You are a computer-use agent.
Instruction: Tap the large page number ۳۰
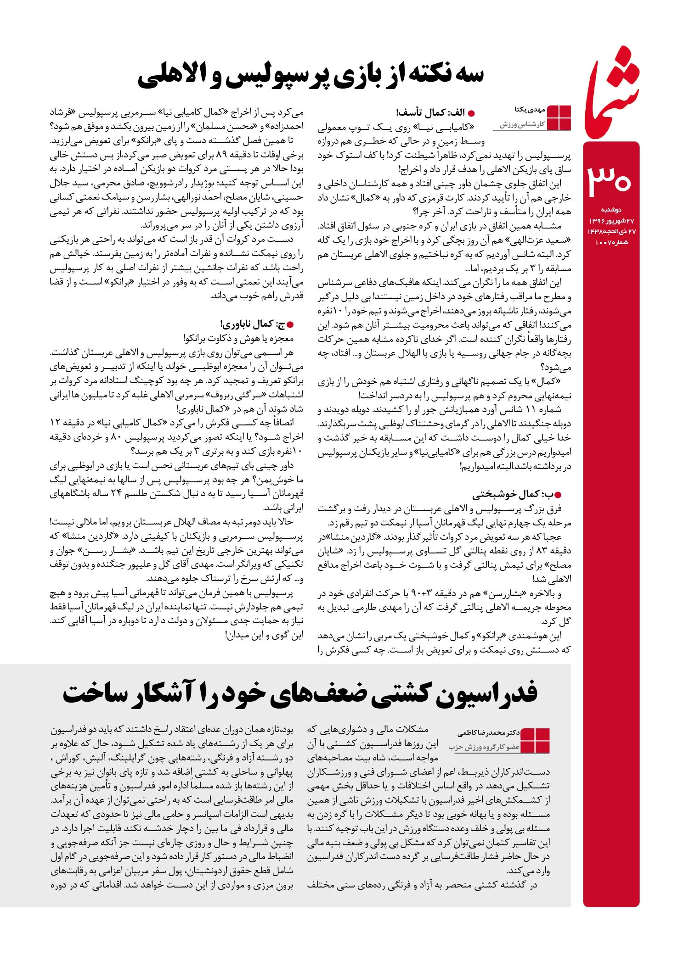click(610, 179)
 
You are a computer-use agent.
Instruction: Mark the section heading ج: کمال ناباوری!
click(253, 324)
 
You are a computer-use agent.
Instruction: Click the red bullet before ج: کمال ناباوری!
click(290, 325)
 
